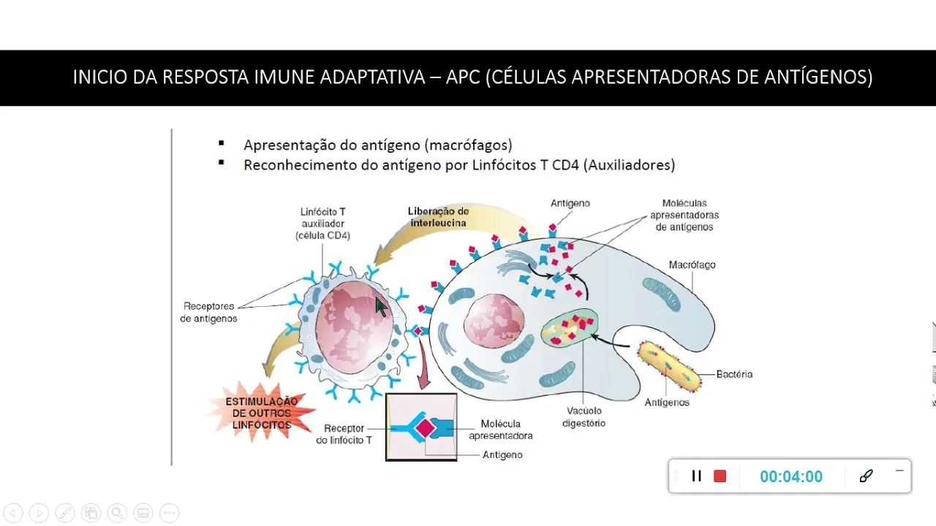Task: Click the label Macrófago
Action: (x=692, y=264)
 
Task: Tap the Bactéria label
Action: (x=734, y=374)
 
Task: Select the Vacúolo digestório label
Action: (x=584, y=416)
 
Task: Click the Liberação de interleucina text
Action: (x=439, y=217)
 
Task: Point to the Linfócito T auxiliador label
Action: (x=322, y=224)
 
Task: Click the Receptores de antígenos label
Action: (x=208, y=313)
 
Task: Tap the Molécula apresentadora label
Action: (x=500, y=430)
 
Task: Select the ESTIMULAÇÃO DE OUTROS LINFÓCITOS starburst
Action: (x=262, y=413)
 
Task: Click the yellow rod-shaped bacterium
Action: (x=669, y=365)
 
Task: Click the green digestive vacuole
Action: (x=570, y=328)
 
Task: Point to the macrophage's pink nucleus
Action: (x=494, y=322)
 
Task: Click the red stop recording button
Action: (x=720, y=476)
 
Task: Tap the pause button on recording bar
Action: (x=696, y=476)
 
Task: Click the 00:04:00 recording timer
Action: (x=790, y=476)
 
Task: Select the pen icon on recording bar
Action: (x=866, y=476)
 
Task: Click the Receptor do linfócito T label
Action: (x=344, y=434)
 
